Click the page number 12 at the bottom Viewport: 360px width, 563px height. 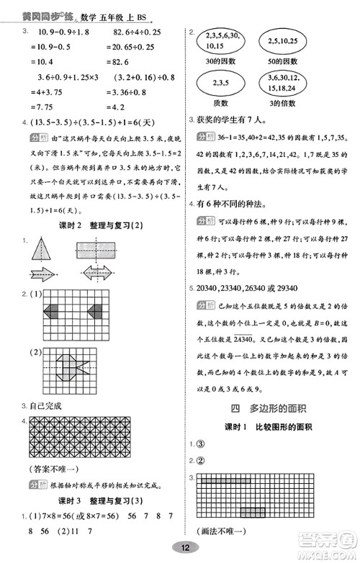point(186,547)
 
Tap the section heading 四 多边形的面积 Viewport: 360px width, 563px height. point(271,407)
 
